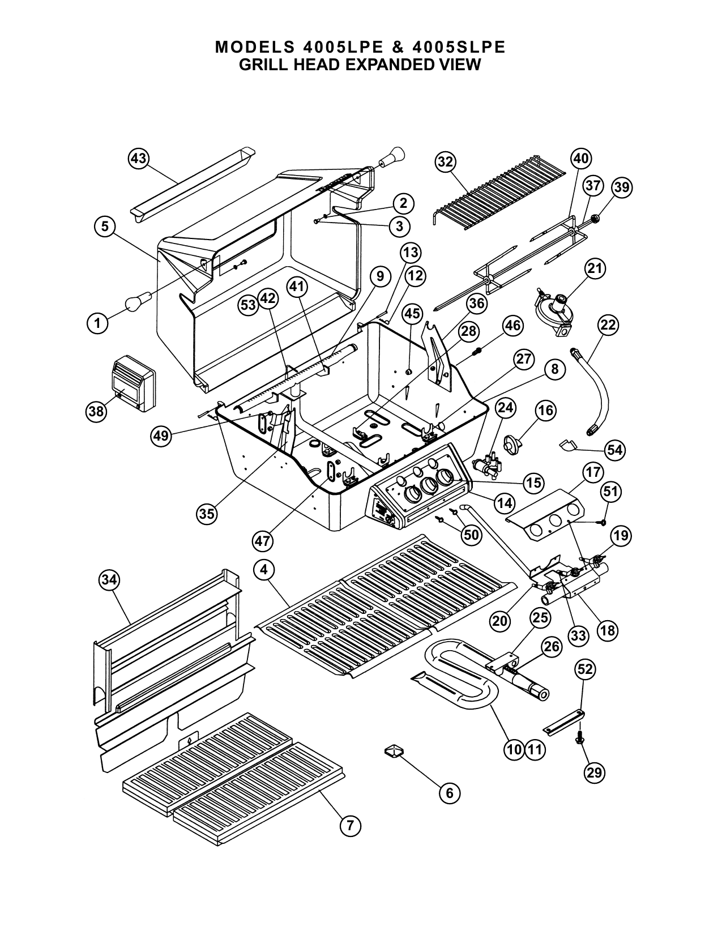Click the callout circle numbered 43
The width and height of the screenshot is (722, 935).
(x=139, y=159)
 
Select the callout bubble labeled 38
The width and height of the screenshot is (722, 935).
(x=96, y=411)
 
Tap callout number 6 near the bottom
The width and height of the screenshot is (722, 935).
(x=450, y=793)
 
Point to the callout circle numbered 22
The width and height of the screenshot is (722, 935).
(x=608, y=325)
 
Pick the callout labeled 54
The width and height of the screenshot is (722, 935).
(x=615, y=450)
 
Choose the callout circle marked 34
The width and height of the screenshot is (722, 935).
(x=109, y=580)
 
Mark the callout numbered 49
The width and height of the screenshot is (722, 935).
(x=161, y=436)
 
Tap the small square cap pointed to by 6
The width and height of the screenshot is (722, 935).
(x=394, y=751)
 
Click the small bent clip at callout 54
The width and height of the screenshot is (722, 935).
(x=568, y=445)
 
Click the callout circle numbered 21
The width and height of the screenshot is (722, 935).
(x=595, y=268)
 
